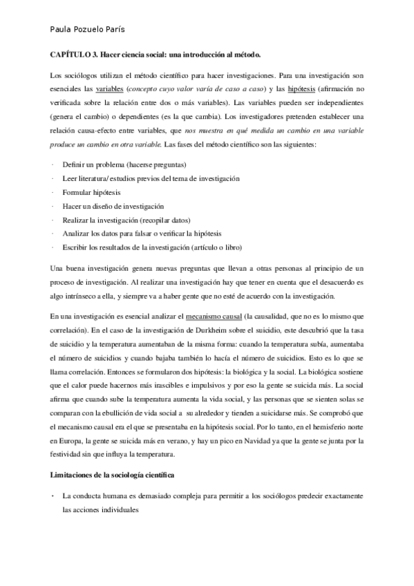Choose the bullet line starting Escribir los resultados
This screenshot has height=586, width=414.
(x=153, y=247)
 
